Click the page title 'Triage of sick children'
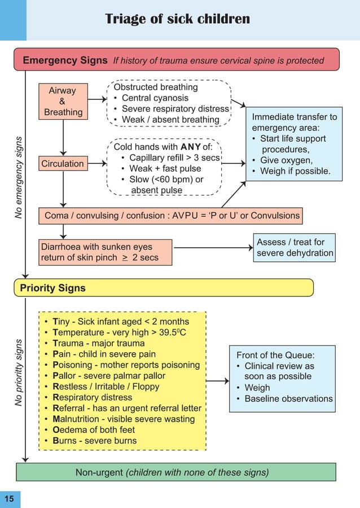tap(177, 19)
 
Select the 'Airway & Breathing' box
tap(63, 101)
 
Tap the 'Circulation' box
tap(63, 164)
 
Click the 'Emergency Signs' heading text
tap(64, 60)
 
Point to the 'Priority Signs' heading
tap(52, 288)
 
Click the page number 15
tap(10, 498)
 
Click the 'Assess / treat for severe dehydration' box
tap(295, 247)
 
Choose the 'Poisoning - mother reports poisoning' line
tap(126, 365)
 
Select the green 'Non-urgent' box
tap(175, 472)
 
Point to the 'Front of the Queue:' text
tap(275, 355)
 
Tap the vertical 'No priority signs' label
tap(19, 373)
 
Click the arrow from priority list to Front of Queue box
tap(217, 381)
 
